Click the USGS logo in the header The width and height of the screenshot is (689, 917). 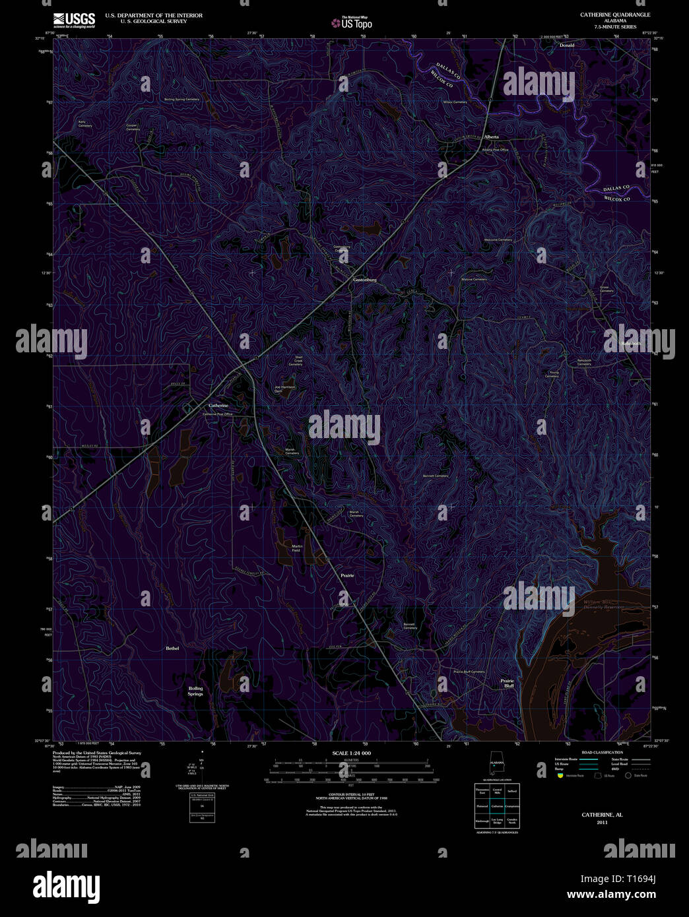74,20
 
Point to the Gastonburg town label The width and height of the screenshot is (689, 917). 364,280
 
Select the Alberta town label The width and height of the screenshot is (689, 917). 492,137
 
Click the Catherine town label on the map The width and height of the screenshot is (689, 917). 218,405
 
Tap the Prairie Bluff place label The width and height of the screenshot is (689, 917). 507,683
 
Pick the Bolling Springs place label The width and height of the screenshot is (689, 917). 195,691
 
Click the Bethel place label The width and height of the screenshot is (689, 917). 172,648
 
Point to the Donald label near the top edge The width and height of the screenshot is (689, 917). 567,46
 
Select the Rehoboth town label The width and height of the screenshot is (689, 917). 632,344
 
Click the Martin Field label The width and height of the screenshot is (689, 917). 297,548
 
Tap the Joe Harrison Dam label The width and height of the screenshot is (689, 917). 285,389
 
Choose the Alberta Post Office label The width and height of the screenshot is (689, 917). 496,150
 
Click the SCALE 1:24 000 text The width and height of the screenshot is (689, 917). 351,753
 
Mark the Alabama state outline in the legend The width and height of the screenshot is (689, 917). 496,765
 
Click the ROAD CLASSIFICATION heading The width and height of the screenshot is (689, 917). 602,753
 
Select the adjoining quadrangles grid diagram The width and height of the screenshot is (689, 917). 497,806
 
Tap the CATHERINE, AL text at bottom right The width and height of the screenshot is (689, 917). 602,815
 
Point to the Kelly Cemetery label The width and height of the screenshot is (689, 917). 85,123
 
